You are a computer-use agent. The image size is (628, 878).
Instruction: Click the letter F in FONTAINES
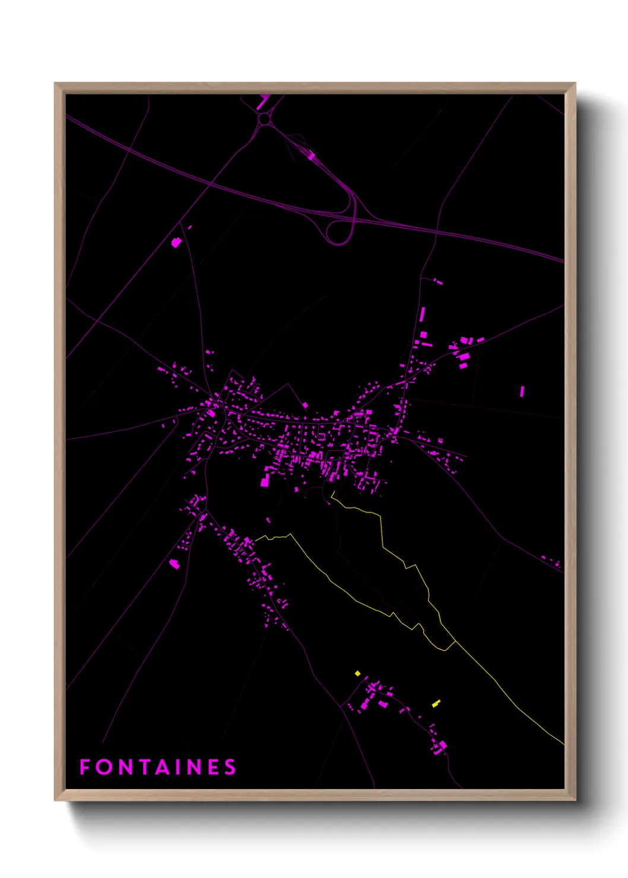point(84,767)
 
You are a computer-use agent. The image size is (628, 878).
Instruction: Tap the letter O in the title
point(104,767)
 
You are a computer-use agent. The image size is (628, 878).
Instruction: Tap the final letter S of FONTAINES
point(230,767)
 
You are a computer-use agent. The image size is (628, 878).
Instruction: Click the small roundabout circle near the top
point(264,119)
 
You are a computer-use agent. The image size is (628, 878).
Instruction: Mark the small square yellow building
point(357,673)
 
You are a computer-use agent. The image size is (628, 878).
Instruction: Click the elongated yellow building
point(436,704)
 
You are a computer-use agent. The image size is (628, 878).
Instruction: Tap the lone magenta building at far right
point(522,391)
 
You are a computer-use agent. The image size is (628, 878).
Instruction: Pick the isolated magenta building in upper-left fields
point(176,242)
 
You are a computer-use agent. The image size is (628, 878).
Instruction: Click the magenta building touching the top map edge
point(263,101)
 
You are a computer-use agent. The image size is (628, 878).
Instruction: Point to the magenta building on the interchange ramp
point(311,156)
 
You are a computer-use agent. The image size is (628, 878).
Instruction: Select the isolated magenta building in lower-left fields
point(175,564)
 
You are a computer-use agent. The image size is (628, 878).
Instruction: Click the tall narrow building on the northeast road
point(423,314)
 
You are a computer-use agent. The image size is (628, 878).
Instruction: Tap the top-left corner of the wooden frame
point(55,84)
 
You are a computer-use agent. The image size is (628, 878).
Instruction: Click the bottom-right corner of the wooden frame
point(575,800)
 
